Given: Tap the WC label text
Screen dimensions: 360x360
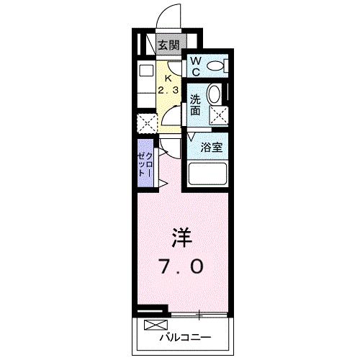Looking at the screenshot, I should pyautogui.click(x=195, y=67).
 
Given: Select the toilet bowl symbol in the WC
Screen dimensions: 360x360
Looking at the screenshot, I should pyautogui.click(x=215, y=67).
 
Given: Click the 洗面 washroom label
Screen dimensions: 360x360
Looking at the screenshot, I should pyautogui.click(x=195, y=105).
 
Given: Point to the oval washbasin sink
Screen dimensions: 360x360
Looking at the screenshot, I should pyautogui.click(x=215, y=94).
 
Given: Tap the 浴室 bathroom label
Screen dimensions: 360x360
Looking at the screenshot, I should pyautogui.click(x=212, y=147).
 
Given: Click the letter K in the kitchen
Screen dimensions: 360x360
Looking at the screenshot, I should pyautogui.click(x=168, y=78).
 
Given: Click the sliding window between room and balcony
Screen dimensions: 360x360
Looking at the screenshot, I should pyautogui.click(x=199, y=314).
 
